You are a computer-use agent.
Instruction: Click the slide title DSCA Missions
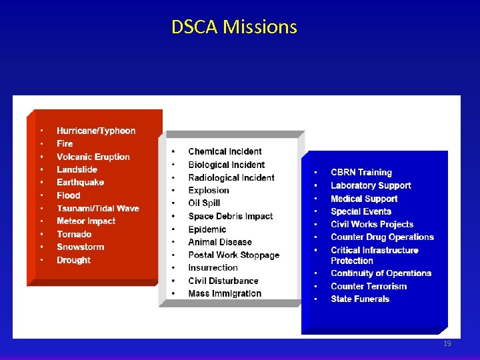pos(234,27)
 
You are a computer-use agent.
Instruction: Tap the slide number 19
pos(447,344)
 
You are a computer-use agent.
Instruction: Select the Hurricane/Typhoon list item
pos(96,131)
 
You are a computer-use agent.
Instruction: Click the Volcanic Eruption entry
pos(93,157)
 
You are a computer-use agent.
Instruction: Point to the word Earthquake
pos(81,182)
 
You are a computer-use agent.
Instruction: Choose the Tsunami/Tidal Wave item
pos(98,208)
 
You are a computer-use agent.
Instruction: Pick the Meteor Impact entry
pos(86,221)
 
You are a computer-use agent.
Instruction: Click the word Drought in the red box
pos(73,260)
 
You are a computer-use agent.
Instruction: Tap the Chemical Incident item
pos(225,151)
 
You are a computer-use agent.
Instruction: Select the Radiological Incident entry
pos(231,177)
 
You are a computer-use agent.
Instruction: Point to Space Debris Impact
pos(231,216)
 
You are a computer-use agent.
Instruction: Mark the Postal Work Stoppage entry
pos(233,255)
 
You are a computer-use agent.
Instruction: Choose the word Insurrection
pos(213,267)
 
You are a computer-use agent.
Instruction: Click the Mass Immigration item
pos(225,293)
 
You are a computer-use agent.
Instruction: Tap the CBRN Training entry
pos(361,173)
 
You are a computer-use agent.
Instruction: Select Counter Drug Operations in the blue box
pos(382,237)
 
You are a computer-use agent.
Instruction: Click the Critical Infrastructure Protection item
pos(375,255)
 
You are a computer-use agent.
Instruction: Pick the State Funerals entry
pos(360,299)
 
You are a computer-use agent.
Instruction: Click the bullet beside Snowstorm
pos(41,247)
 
